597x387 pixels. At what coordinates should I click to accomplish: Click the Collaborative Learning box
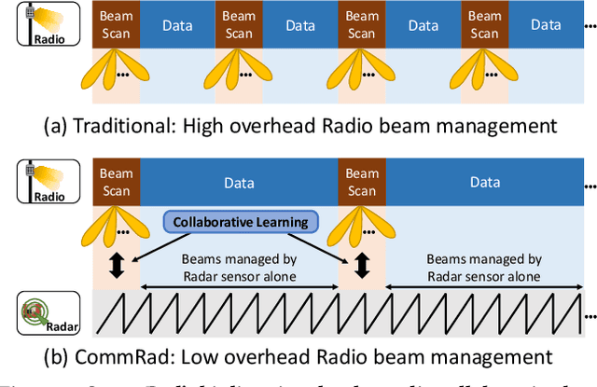(x=241, y=221)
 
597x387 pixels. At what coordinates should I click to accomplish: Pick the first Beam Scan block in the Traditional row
(x=116, y=24)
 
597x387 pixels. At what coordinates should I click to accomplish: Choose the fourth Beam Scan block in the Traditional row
(x=484, y=24)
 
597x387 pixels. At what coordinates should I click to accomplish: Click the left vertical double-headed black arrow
(x=117, y=266)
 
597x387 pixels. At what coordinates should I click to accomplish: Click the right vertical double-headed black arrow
(x=362, y=266)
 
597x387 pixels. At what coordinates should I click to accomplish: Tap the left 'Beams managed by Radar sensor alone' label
(x=239, y=268)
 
